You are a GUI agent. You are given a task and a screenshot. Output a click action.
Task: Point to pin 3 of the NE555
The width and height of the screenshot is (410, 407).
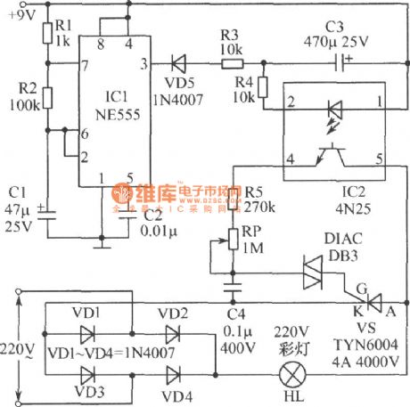coord(145,63)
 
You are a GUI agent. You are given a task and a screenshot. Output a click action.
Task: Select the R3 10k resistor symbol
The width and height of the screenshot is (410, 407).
coord(231,63)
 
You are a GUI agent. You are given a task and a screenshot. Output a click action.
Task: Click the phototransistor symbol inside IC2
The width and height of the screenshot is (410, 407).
coord(332,158)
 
